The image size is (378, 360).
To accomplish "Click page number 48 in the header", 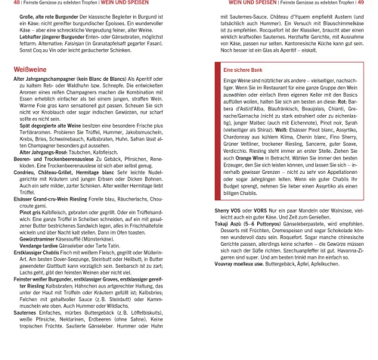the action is (x=5, y=5).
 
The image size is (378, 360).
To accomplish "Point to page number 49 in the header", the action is (x=372, y=5).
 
